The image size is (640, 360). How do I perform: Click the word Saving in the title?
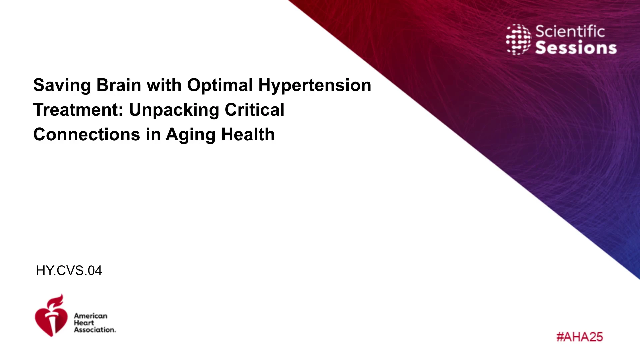(62, 86)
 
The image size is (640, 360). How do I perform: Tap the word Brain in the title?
(119, 85)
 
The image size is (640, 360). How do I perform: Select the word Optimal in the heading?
(220, 86)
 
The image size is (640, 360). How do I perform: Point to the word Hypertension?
(315, 86)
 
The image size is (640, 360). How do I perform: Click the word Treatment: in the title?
(79, 110)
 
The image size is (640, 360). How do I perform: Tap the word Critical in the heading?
(255, 110)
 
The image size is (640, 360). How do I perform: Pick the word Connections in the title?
(87, 134)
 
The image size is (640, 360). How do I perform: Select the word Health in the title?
(248, 134)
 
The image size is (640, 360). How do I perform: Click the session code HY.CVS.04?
(69, 271)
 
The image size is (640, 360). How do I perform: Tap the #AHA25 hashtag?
(580, 337)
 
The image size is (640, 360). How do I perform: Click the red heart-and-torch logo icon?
(51, 316)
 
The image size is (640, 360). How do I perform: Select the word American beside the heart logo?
(91, 316)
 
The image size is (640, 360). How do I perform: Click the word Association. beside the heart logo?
(95, 330)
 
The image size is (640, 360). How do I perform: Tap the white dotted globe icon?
(518, 39)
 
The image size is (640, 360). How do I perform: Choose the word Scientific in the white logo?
(570, 32)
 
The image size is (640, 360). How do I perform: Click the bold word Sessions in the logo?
(576, 48)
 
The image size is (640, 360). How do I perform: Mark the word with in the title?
(164, 85)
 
